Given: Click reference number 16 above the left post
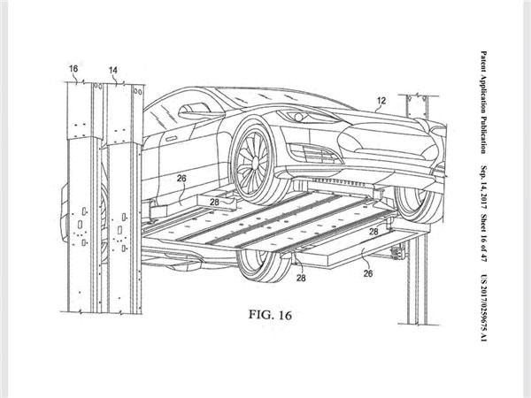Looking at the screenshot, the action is (x=73, y=69).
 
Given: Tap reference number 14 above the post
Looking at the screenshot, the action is (x=113, y=70).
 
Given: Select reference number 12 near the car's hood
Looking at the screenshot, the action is (x=381, y=101).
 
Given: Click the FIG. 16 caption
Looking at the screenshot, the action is (x=270, y=315).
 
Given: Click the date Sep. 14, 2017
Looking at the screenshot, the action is (x=484, y=188).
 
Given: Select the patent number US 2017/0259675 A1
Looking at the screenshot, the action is (x=484, y=308).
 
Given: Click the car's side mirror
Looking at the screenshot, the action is (x=192, y=111).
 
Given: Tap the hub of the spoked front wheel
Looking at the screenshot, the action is (x=254, y=165).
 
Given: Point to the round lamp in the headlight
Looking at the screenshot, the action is (x=298, y=117).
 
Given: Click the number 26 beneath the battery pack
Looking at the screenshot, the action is (x=368, y=273).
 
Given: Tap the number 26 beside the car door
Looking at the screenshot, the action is (x=181, y=178).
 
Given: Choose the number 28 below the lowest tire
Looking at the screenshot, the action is (x=301, y=278).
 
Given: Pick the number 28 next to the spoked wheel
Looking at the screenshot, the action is (x=214, y=202).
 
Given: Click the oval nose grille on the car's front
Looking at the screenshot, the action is (x=385, y=139).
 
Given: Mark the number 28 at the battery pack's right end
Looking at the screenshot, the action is (x=373, y=232).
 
